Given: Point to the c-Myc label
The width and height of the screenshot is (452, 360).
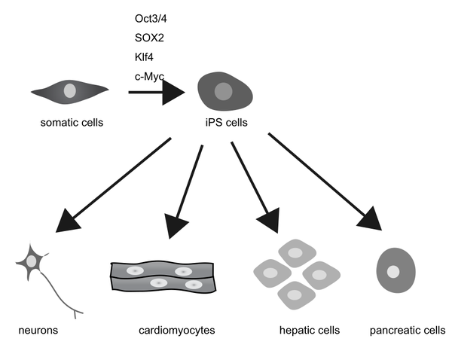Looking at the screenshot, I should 147,75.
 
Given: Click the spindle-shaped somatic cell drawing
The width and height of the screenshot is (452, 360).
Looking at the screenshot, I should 69,92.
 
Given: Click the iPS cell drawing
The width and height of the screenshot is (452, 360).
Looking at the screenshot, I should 223,92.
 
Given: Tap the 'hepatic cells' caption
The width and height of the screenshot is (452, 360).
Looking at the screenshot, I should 310,330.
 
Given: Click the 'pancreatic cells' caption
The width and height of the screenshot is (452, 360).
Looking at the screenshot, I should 408,330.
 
